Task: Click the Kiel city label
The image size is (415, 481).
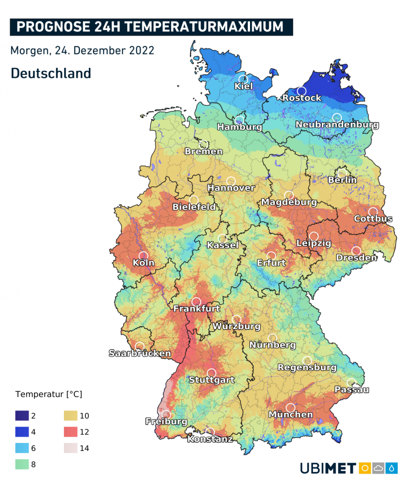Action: click(x=243, y=86)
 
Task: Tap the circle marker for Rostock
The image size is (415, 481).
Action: click(x=302, y=91)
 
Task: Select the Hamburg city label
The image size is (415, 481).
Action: click(x=239, y=127)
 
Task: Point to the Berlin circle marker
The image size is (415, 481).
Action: click(x=342, y=173)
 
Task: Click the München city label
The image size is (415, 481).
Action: click(x=290, y=415)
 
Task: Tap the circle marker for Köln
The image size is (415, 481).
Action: click(x=144, y=256)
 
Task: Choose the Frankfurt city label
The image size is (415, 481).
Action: click(x=197, y=309)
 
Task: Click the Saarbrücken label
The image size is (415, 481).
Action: click(x=140, y=353)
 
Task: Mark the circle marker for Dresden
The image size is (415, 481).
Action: click(x=356, y=251)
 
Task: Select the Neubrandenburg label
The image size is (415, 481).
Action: click(x=337, y=125)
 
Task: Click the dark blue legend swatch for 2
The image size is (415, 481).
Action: click(x=22, y=415)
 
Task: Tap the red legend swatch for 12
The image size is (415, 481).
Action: click(x=70, y=432)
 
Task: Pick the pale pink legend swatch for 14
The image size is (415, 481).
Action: click(x=70, y=448)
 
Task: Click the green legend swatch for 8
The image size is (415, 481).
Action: click(x=22, y=465)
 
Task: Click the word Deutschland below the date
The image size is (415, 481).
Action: click(x=51, y=73)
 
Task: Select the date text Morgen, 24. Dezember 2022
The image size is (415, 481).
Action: click(x=82, y=50)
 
